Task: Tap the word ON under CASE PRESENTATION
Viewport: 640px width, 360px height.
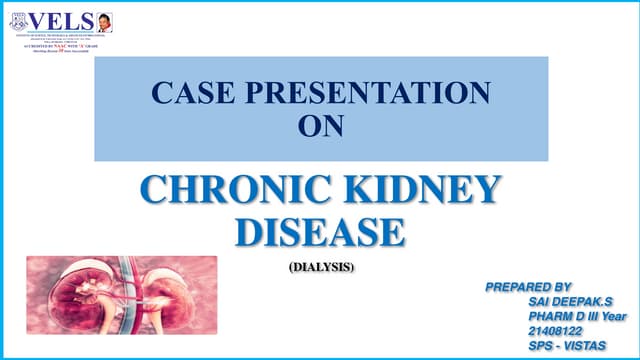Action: click(x=320, y=125)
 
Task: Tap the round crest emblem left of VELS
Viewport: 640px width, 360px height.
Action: click(x=18, y=21)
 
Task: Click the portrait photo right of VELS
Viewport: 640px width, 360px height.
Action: click(x=104, y=20)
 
